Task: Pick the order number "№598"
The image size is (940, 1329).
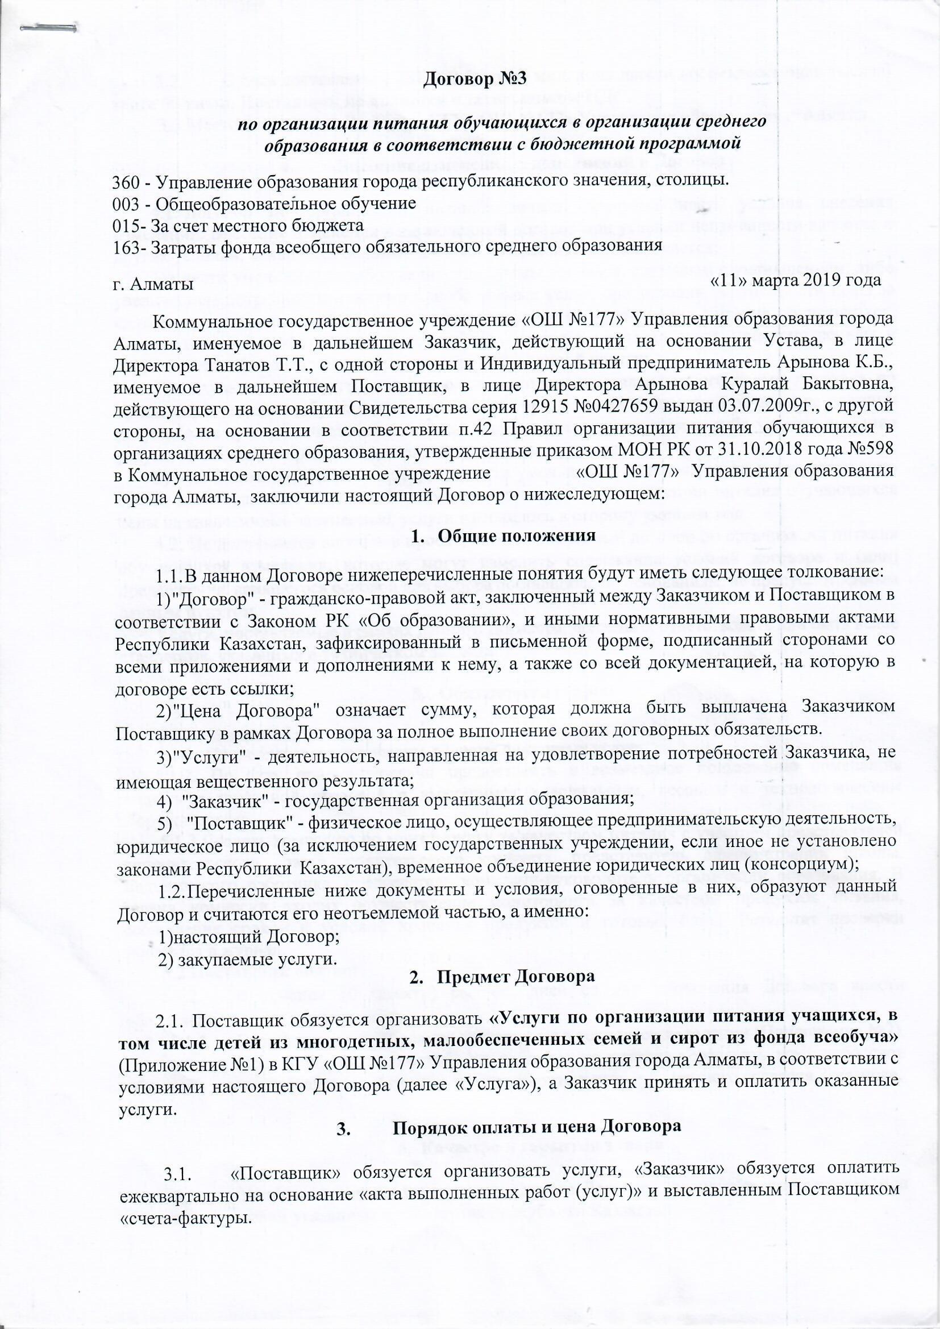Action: [x=870, y=450]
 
